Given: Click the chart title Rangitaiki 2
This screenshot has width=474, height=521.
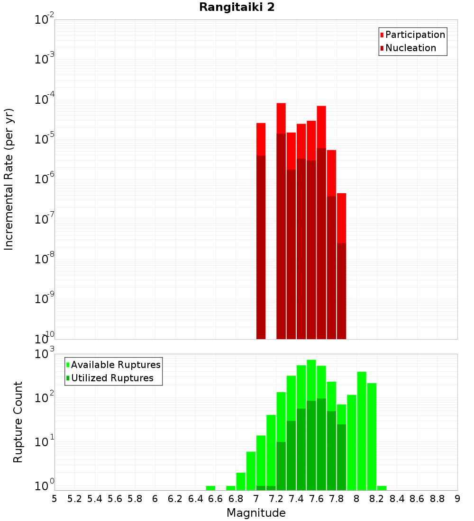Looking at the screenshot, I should (x=237, y=8).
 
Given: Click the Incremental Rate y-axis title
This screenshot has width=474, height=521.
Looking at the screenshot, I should (x=9, y=179).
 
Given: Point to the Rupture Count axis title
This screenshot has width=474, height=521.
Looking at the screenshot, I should (x=18, y=422).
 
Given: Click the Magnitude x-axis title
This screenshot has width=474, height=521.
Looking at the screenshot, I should (x=256, y=513).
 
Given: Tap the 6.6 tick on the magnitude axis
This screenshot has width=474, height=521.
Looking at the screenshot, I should (x=216, y=499).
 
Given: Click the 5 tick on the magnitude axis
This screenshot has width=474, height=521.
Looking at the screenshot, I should (x=55, y=499).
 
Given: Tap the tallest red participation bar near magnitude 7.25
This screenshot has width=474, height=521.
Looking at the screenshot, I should (x=281, y=118).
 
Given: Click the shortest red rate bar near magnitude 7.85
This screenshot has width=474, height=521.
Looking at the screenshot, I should (x=341, y=218).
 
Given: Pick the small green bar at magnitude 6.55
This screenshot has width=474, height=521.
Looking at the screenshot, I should (x=210, y=488).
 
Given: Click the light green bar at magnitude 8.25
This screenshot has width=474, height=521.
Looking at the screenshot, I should (x=382, y=488).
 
